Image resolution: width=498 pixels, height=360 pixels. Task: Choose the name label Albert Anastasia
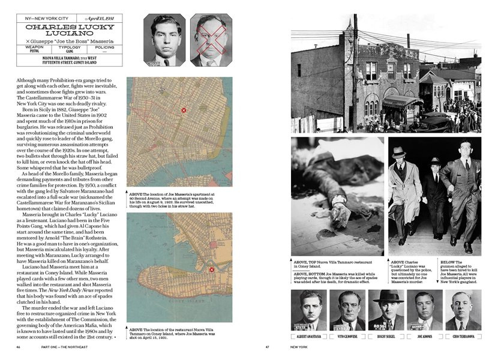pyautogui.click(x=308, y=337)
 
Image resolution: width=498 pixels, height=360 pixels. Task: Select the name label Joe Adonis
pyautogui.click(x=424, y=337)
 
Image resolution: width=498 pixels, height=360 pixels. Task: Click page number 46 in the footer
pyautogui.click(x=19, y=347)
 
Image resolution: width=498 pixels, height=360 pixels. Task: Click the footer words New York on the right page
pyautogui.click(x=302, y=347)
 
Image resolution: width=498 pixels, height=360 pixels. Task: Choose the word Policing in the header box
pyautogui.click(x=104, y=46)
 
